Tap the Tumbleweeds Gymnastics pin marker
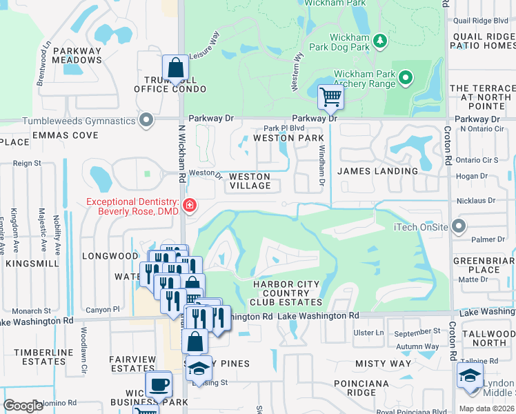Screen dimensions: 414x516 tap(146, 121)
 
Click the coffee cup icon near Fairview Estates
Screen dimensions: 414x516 tap(159, 384)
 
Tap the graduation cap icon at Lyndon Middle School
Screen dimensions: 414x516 tap(470, 377)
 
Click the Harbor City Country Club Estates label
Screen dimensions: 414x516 tap(286, 293)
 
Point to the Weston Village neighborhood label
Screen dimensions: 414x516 tap(250, 181)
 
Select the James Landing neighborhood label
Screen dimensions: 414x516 tap(377, 171)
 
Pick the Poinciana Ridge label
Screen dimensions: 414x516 tap(363, 388)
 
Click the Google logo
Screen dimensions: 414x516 tap(23, 406)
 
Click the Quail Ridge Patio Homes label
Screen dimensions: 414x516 tap(482, 41)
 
